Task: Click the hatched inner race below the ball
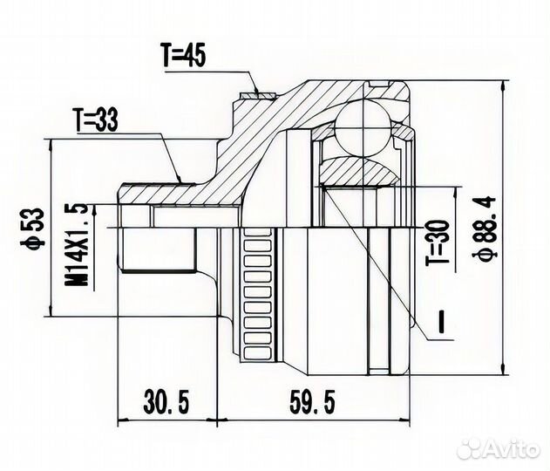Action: tap(357, 170)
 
